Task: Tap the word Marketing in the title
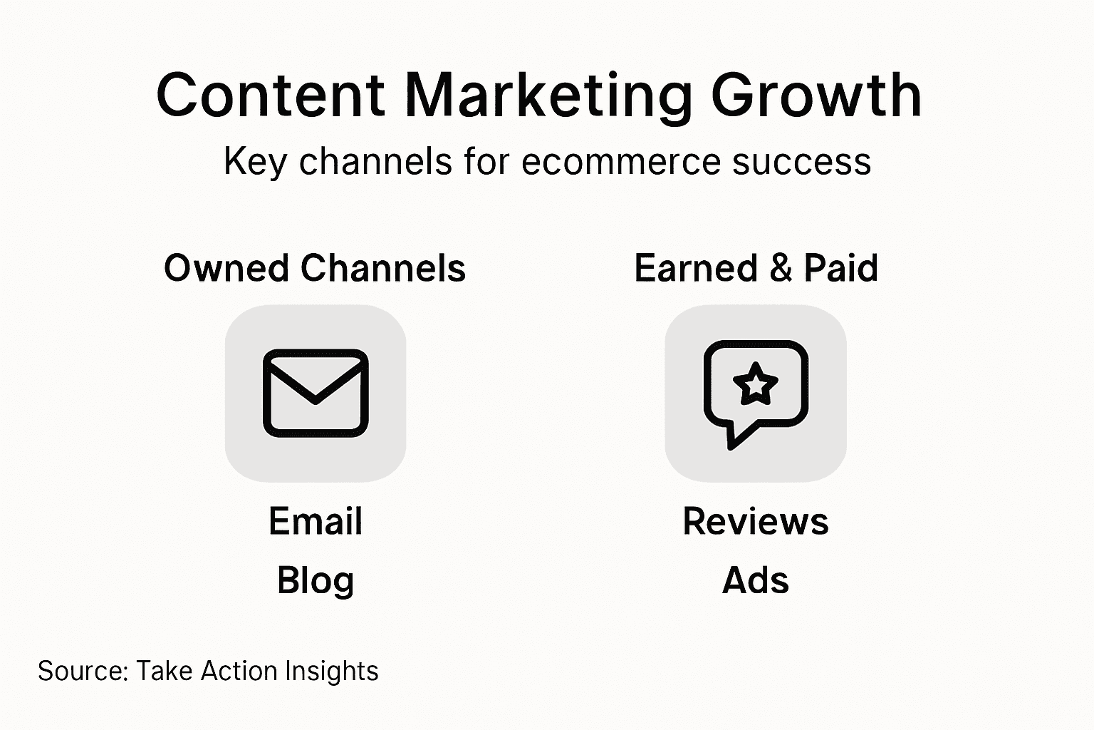(548, 96)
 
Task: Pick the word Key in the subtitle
(246, 162)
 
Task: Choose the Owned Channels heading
(315, 269)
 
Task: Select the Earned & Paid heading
(756, 269)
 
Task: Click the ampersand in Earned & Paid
(781, 269)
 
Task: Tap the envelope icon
(316, 393)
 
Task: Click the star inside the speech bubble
(756, 384)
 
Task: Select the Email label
(316, 521)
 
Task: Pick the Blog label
(316, 580)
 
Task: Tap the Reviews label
(756, 521)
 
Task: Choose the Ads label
(756, 580)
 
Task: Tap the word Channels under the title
(383, 269)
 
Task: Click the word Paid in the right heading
(840, 269)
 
